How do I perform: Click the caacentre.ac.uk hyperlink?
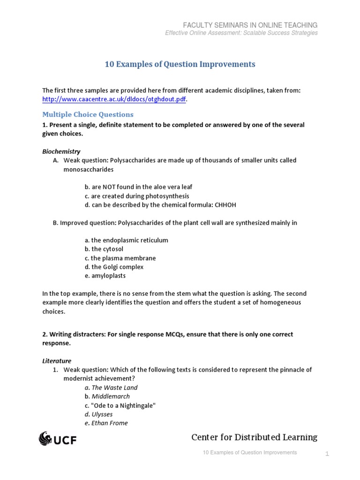(x=114, y=99)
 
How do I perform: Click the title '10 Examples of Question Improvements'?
(x=180, y=64)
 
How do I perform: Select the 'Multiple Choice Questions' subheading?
(x=88, y=114)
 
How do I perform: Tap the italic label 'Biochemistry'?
(x=61, y=151)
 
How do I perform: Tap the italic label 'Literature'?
(x=57, y=361)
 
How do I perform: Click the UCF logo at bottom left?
(x=57, y=439)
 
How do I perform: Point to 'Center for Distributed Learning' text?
(x=254, y=437)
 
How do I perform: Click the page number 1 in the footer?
(x=328, y=454)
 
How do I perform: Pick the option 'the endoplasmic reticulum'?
(x=126, y=240)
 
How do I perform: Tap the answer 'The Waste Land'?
(x=114, y=388)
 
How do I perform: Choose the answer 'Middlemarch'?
(x=111, y=397)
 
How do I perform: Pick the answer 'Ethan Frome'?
(x=110, y=423)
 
